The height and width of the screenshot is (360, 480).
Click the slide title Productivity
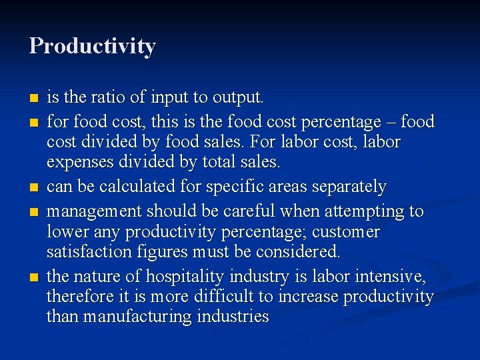93,46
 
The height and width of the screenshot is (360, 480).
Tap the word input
169,97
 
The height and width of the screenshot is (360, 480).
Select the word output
237,97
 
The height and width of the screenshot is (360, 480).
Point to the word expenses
76,162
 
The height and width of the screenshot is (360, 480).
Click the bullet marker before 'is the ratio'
33,99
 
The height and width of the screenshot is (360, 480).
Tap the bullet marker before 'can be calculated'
33,187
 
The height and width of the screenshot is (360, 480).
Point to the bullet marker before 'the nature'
33,277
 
